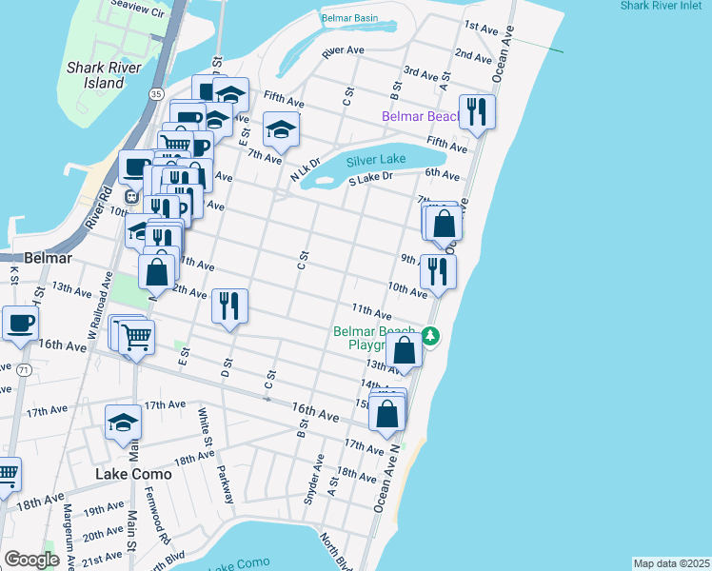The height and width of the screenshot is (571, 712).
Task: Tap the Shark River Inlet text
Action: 665,6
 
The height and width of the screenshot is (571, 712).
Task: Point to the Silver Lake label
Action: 377,160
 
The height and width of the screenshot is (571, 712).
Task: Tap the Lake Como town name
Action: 133,473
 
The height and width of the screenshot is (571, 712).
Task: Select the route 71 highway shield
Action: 23,368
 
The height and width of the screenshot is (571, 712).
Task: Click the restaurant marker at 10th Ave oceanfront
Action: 438,271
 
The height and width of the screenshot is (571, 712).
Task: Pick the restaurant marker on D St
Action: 229,305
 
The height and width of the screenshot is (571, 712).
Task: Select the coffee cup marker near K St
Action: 20,323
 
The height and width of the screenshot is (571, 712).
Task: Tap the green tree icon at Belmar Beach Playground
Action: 430,336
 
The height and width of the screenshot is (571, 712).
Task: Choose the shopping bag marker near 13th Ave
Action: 405,350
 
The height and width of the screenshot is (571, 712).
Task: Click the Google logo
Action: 31,560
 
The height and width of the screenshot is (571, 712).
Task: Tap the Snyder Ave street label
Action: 313,481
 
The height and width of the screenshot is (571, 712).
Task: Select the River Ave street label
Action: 343,50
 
